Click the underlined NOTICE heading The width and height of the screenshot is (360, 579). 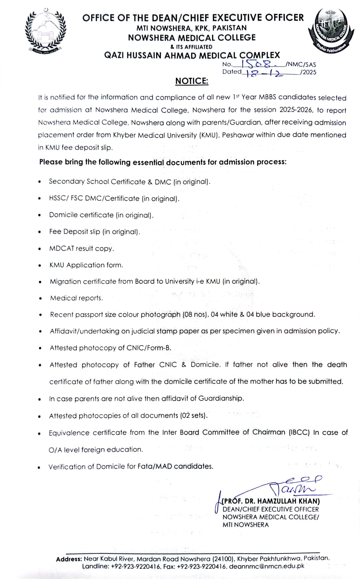pos(191,81)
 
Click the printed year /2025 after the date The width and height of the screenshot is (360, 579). pos(308,72)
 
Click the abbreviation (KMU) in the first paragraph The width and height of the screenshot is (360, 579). pos(209,135)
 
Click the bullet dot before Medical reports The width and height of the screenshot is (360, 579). pos(40,298)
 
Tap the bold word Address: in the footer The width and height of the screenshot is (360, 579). pos(69,559)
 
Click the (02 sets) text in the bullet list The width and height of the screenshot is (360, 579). pos(194,416)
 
